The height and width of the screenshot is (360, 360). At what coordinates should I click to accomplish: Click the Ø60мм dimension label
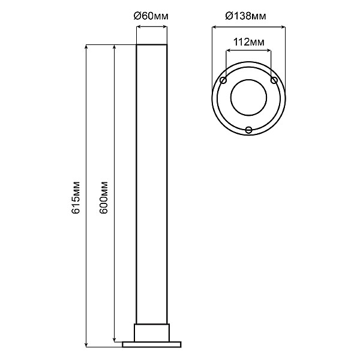151,16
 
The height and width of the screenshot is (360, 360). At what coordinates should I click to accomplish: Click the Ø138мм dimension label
245,16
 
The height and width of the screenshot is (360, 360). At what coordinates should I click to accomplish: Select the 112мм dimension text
249,42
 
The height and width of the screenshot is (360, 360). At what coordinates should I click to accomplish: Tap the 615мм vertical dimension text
76,197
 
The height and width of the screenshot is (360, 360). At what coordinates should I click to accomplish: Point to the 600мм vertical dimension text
104,197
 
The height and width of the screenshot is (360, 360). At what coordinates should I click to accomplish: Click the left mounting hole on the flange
223,80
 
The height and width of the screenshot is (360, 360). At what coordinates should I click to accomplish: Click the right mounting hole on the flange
274,80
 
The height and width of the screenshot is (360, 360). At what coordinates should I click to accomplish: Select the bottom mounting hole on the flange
248,130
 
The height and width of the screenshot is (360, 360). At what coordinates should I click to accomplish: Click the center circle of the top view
248,98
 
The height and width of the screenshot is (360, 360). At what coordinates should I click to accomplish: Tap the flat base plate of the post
152,344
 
